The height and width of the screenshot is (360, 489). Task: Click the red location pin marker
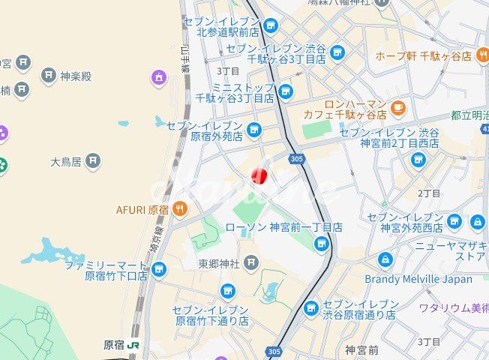(259, 177)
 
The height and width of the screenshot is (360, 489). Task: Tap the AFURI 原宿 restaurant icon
(179, 208)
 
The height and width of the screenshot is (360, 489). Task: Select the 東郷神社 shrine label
(218, 263)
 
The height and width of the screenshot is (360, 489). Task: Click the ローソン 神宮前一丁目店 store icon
(322, 243)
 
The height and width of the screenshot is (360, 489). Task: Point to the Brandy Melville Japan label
(418, 279)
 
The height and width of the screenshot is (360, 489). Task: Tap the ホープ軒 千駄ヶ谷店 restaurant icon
(482, 54)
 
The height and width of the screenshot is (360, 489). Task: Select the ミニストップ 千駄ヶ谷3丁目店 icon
(285, 91)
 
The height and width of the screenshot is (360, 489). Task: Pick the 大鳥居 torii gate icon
(93, 161)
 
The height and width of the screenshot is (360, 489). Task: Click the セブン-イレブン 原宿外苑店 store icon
(253, 130)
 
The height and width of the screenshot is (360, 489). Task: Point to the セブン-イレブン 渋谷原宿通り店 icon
(311, 308)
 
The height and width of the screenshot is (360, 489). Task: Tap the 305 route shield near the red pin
(295, 159)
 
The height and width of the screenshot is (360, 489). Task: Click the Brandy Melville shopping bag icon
(385, 260)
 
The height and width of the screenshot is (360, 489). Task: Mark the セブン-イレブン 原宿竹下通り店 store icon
(226, 291)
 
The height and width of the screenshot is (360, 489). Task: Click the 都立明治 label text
(469, 115)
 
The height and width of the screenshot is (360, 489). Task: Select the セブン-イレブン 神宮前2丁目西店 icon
(418, 159)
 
